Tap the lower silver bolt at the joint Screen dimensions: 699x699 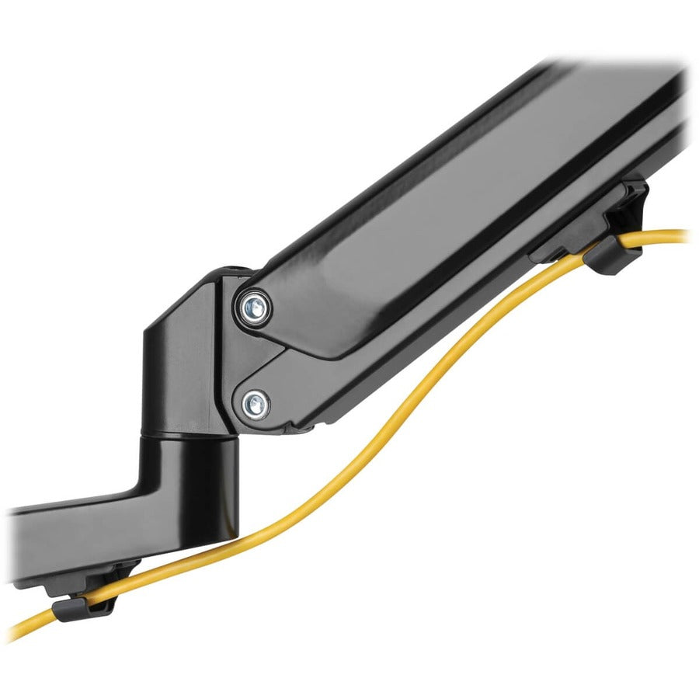[x=255, y=403]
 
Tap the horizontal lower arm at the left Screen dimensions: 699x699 [x=70, y=536]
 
